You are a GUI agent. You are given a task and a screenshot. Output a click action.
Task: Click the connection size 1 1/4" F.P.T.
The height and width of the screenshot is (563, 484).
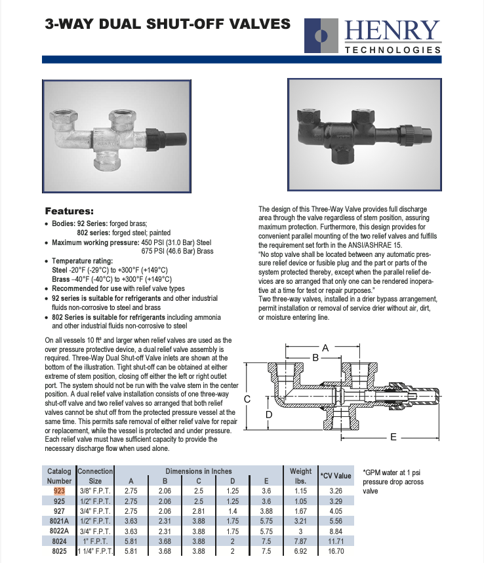(x=95, y=552)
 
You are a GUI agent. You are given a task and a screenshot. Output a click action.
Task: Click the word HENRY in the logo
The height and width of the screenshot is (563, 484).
(x=392, y=31)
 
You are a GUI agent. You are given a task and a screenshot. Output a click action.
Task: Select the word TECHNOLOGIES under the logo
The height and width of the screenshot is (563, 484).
(x=392, y=50)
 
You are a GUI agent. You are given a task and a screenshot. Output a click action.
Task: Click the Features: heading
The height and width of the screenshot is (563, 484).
(x=69, y=211)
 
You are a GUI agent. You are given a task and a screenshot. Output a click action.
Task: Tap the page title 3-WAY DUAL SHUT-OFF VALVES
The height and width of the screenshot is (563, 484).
(x=167, y=24)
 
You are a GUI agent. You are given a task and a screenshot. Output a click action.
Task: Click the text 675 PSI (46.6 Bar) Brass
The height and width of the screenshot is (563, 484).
(x=177, y=251)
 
